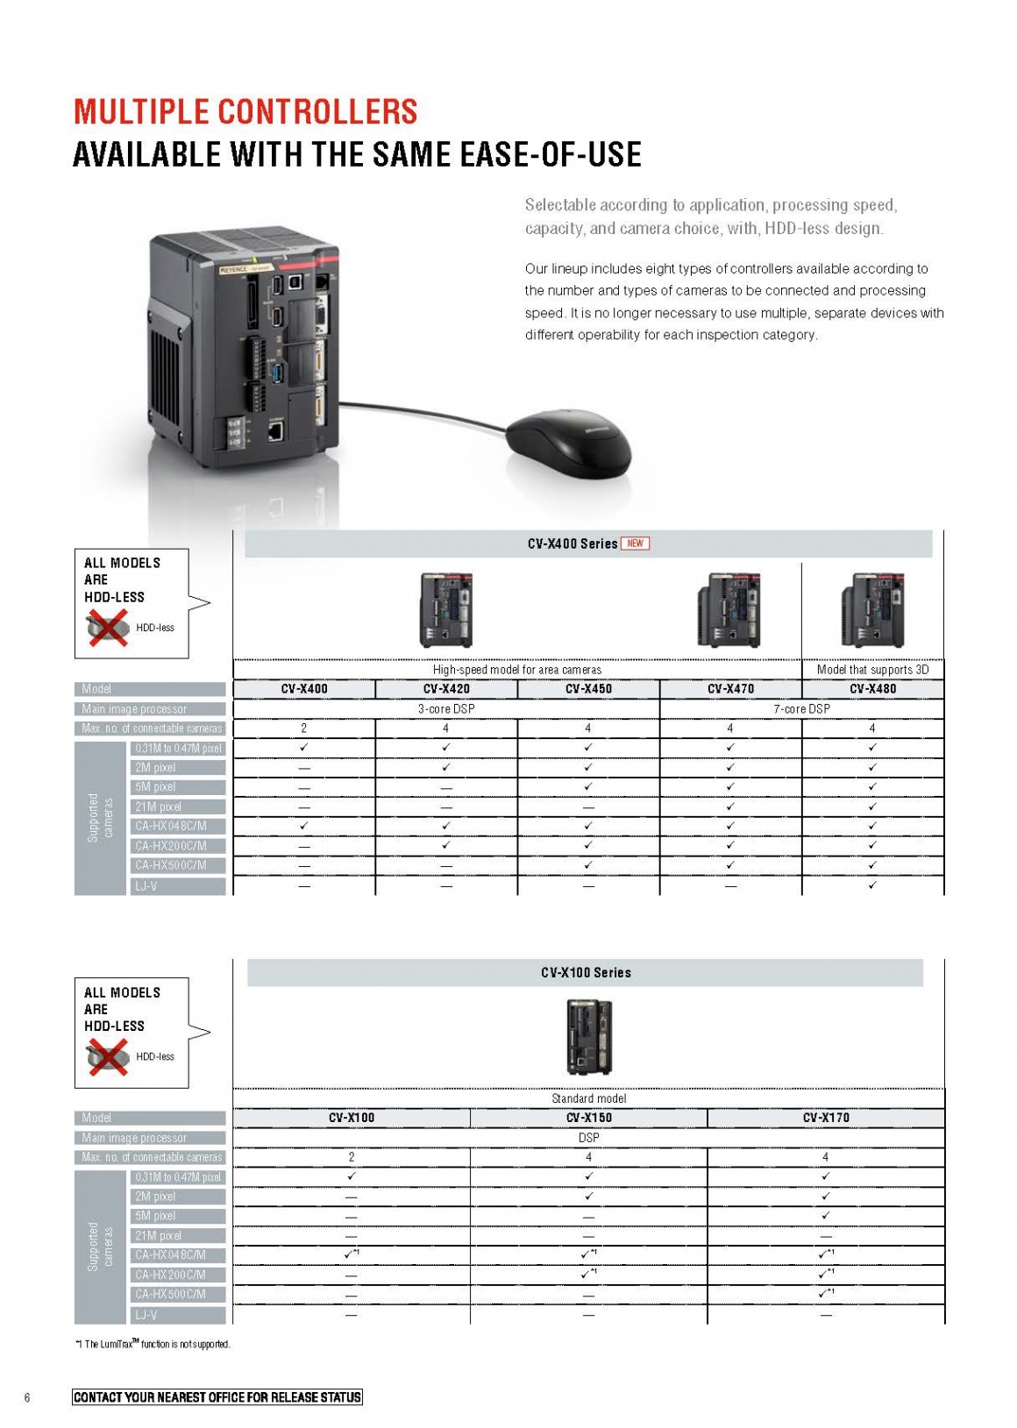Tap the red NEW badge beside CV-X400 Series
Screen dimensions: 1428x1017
[635, 543]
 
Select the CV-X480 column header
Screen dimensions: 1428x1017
[872, 689]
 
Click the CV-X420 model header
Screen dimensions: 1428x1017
[446, 689]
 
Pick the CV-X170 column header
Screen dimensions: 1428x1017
[826, 1118]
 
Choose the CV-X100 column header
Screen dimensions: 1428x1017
[352, 1118]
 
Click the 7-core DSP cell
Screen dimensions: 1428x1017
[801, 708]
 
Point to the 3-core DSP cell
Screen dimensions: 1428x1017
[446, 708]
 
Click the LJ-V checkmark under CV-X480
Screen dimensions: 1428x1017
[872, 885]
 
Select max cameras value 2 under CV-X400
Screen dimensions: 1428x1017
[304, 728]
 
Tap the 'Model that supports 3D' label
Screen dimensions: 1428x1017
[872, 670]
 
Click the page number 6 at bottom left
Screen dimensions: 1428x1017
[27, 1397]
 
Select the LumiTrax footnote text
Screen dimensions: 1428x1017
[153, 1344]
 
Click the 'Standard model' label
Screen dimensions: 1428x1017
[588, 1098]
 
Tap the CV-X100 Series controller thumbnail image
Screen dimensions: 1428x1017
[588, 1038]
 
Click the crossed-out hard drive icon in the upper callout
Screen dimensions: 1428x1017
[107, 629]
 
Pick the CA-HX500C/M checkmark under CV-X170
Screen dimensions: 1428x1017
[824, 1294]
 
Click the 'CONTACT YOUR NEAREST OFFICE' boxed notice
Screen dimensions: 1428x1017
[217, 1397]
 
